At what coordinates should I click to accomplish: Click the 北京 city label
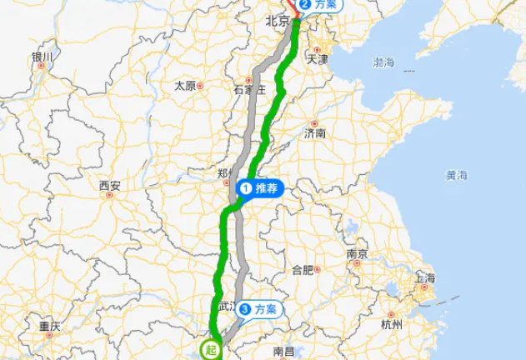[276, 22]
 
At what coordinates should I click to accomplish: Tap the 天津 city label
[317, 60]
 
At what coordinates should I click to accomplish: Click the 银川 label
[42, 57]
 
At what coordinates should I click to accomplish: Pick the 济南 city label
[316, 133]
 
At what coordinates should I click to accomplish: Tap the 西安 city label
[109, 186]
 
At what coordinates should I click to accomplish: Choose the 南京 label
[358, 253]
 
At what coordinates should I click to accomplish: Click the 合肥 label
[302, 269]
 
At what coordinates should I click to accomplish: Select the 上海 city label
[424, 278]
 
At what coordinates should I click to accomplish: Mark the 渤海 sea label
[384, 62]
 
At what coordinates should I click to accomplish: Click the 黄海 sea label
[457, 176]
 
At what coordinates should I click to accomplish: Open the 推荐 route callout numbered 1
[262, 188]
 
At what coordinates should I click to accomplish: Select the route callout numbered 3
[260, 310]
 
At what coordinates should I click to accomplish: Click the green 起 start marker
[212, 350]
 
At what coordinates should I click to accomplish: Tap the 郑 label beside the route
[223, 174]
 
